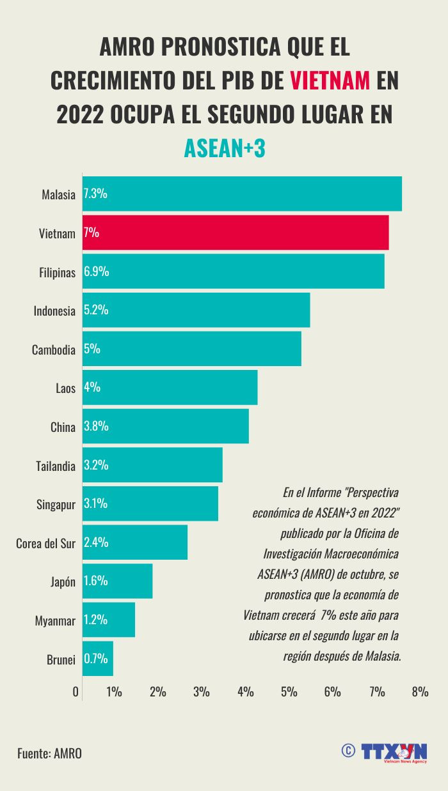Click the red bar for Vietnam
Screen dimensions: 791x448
click(236, 233)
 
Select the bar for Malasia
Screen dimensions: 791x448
click(242, 194)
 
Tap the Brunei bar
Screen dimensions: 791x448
click(98, 659)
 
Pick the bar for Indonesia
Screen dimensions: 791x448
click(196, 311)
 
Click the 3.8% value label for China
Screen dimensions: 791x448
click(96, 427)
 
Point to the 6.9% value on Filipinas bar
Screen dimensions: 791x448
click(97, 272)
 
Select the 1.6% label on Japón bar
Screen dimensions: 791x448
click(96, 581)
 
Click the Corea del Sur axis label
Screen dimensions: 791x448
click(45, 544)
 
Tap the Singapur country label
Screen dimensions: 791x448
click(56, 505)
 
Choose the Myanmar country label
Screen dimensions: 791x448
click(56, 621)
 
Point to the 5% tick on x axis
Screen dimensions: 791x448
click(289, 692)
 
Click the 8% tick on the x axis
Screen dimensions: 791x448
click(420, 692)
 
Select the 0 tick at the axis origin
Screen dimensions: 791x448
click(76, 692)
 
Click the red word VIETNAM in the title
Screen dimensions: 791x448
click(330, 81)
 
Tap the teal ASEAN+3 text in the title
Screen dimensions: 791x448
click(224, 148)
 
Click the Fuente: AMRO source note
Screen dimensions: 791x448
click(49, 753)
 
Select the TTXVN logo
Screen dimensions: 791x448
click(394, 752)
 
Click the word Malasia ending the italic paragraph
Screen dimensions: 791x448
click(381, 656)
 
